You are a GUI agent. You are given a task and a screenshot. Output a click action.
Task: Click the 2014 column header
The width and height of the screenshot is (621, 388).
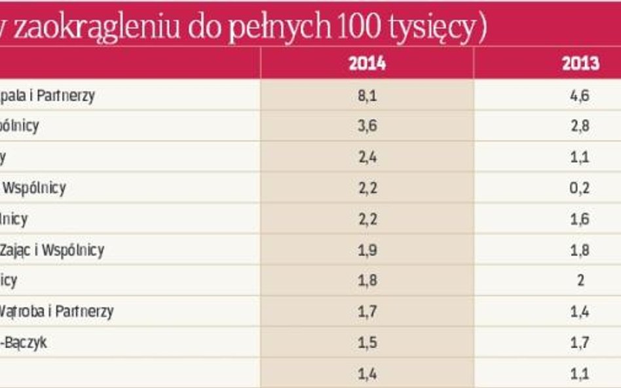coord(367,63)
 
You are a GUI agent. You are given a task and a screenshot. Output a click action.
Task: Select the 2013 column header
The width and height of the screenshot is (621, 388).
coord(580,63)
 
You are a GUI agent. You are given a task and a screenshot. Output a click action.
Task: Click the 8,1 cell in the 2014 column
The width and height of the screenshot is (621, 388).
coord(367,95)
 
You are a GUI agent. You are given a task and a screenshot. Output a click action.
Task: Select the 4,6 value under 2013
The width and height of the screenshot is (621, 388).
coord(580,95)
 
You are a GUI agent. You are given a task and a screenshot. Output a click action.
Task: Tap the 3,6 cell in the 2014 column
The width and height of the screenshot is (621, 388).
coord(367,126)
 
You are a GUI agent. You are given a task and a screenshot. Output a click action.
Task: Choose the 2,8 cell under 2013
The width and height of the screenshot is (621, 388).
coord(580,126)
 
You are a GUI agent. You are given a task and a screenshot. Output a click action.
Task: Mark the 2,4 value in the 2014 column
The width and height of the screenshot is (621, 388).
coord(367,157)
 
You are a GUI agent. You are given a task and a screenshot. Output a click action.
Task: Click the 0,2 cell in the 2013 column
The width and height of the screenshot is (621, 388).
coord(580,188)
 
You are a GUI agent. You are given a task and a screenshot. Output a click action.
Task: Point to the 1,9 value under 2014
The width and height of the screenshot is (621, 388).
coord(367,249)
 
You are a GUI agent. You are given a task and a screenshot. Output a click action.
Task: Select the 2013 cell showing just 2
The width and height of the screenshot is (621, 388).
coord(580,280)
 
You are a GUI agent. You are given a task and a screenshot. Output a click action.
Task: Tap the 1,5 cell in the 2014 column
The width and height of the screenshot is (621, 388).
coord(367,342)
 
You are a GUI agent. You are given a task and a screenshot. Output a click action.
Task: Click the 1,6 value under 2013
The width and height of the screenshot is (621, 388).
coord(580,219)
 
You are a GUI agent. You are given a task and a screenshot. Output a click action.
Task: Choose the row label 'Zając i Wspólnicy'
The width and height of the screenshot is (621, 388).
coord(52,249)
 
